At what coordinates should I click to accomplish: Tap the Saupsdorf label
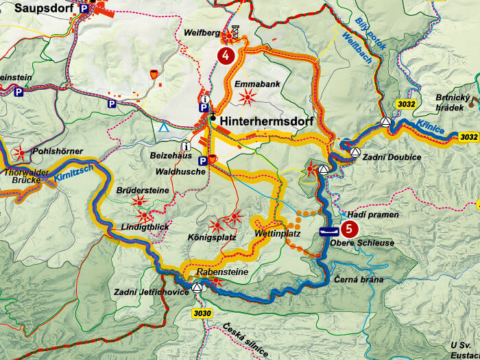[38, 8]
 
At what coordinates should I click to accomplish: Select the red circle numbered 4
[224, 54]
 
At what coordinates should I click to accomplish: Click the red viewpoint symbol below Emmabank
[246, 98]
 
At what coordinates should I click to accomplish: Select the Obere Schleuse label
[352, 243]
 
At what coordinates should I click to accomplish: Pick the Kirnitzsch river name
[71, 180]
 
